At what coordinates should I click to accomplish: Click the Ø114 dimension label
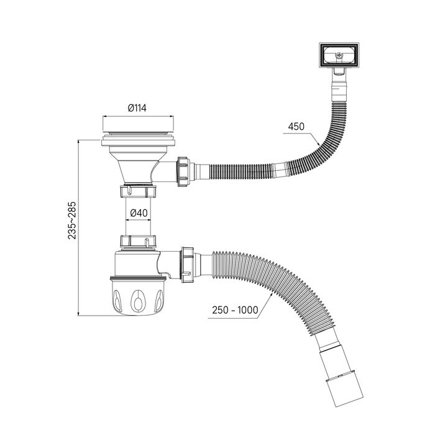click(137, 108)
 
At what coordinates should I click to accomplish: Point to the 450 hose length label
click(297, 128)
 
